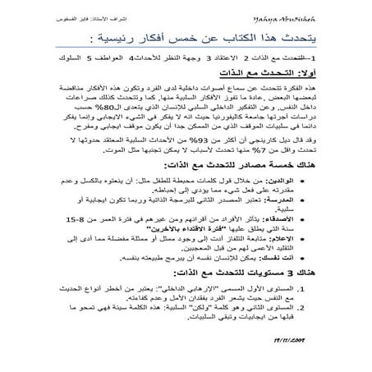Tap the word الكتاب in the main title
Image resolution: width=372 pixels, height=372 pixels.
247,36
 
